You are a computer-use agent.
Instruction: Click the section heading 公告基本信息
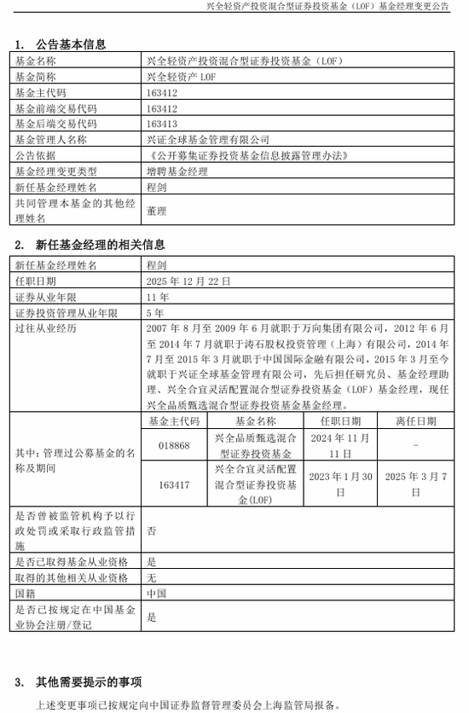71,44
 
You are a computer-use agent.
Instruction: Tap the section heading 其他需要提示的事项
89,681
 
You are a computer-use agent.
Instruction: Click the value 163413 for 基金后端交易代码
162,123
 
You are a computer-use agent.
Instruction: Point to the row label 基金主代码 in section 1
41,92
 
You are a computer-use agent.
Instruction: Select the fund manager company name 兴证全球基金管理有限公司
208,139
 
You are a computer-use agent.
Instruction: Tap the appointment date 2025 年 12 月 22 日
189,281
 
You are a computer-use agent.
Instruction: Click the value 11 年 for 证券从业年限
158,297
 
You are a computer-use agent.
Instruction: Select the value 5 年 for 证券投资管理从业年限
155,313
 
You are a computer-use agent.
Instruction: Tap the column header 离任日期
415,421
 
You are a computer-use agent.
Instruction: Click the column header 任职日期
340,421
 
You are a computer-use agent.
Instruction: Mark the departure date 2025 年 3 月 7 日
415,484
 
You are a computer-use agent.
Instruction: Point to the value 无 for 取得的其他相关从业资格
152,577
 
